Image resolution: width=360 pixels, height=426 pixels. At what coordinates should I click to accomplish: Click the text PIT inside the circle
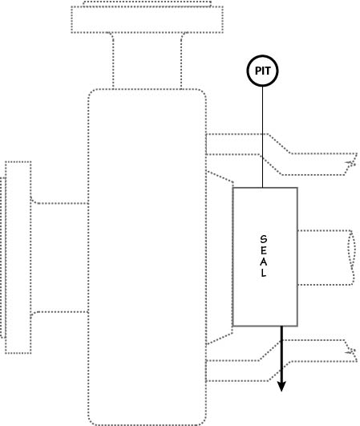click(x=262, y=71)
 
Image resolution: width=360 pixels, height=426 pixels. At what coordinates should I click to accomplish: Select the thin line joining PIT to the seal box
click(x=262, y=137)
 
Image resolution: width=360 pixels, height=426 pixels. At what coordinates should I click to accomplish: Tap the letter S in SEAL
click(x=263, y=239)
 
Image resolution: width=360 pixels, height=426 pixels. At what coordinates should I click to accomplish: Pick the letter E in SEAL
click(x=263, y=250)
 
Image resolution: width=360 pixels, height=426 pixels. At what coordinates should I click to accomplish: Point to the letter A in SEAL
click(x=263, y=262)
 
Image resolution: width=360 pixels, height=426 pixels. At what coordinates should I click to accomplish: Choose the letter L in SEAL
click(x=264, y=273)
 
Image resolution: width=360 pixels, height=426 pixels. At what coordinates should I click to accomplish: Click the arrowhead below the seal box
click(x=281, y=387)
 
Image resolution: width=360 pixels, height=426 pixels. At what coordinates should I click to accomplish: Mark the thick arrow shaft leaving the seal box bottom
click(x=281, y=354)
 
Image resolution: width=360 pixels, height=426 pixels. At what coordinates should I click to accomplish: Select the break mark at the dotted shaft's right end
click(x=352, y=258)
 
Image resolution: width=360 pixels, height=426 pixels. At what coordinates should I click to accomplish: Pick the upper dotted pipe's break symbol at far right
click(x=351, y=164)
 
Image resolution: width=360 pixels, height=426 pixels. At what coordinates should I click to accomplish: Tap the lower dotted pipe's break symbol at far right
click(x=351, y=351)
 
